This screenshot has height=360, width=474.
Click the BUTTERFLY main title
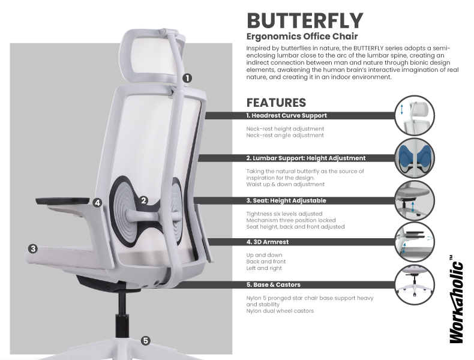pyautogui.click(x=305, y=20)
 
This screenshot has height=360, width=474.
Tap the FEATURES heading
pyautogui.click(x=276, y=103)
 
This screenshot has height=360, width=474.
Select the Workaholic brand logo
pyautogui.click(x=456, y=299)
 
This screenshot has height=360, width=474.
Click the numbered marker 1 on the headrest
pyautogui.click(x=187, y=78)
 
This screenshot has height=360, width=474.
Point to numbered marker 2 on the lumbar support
pyautogui.click(x=143, y=200)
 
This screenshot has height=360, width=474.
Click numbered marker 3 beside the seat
pyautogui.click(x=33, y=249)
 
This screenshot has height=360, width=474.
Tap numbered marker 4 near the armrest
pyautogui.click(x=97, y=203)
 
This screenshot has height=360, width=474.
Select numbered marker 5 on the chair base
pyautogui.click(x=146, y=341)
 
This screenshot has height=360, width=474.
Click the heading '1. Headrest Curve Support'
pyautogui.click(x=286, y=115)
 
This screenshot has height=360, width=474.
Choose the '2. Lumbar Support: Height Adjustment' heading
pyautogui.click(x=306, y=158)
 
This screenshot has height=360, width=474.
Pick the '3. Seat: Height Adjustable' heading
pyautogui.click(x=286, y=201)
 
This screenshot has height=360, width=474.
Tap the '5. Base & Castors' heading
pyautogui.click(x=273, y=285)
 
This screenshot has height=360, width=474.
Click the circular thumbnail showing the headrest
pyautogui.click(x=414, y=115)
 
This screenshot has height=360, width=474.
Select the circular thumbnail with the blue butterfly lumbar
pyautogui.click(x=414, y=158)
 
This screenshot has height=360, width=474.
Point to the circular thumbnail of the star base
pyautogui.click(x=414, y=284)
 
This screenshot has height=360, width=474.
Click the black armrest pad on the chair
pyautogui.click(x=63, y=201)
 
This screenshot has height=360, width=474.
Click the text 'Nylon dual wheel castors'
pyautogui.click(x=280, y=311)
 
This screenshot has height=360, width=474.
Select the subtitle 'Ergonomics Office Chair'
pyautogui.click(x=302, y=36)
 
